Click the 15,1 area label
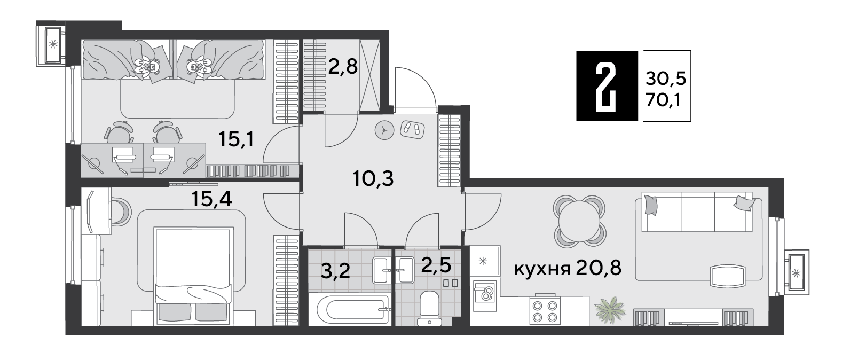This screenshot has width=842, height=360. pyautogui.click(x=237, y=139)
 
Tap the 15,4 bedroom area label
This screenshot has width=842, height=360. pyautogui.click(x=211, y=199)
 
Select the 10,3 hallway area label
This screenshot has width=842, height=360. pyautogui.click(x=373, y=178)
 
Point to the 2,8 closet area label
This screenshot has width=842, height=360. pyautogui.click(x=343, y=67)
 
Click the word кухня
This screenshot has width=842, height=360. pyautogui.click(x=542, y=269)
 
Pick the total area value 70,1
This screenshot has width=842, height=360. pyautogui.click(x=664, y=100)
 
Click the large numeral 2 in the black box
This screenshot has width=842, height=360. pyautogui.click(x=606, y=87)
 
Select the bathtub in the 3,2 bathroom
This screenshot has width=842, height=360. pyautogui.click(x=352, y=310)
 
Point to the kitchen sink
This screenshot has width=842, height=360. pyautogui.click(x=484, y=296)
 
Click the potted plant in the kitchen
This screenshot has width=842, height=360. pyautogui.click(x=610, y=309)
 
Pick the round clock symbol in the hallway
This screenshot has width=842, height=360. pyautogui.click(x=384, y=131)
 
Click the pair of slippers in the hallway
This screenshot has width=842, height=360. pyautogui.click(x=412, y=130)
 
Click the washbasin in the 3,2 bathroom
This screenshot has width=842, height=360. pyautogui.click(x=382, y=270)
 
